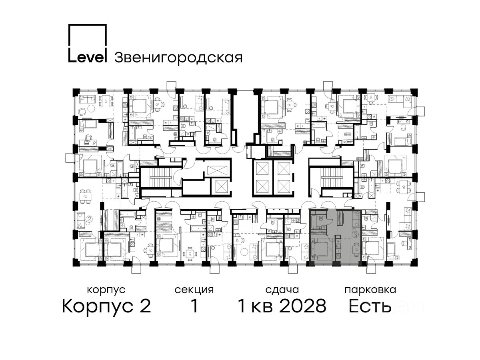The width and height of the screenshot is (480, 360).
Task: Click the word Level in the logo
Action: coord(88,57)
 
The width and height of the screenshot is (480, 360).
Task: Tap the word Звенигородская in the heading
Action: coord(178,58)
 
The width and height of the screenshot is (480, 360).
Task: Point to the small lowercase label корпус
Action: coord(106,290)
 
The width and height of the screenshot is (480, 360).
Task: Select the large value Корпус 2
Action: coord(106,306)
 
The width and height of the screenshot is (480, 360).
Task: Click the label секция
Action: coord(194,290)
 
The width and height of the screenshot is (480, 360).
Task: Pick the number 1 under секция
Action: coord(194,306)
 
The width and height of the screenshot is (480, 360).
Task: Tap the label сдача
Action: coord(282,290)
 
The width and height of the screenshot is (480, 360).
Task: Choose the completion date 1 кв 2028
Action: coord(282,306)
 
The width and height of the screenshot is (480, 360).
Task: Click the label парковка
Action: coord(370,290)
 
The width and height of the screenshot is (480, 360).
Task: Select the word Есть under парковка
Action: coord(370,306)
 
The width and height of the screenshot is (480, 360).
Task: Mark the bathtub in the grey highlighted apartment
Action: coord(314,222)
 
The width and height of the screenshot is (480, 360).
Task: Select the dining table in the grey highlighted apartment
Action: coord(356,250)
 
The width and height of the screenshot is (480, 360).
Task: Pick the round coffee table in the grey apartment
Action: coord(355,235)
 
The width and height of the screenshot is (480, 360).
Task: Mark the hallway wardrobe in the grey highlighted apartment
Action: coord(340,218)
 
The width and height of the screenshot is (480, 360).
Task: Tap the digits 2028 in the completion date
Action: coord(303,306)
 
